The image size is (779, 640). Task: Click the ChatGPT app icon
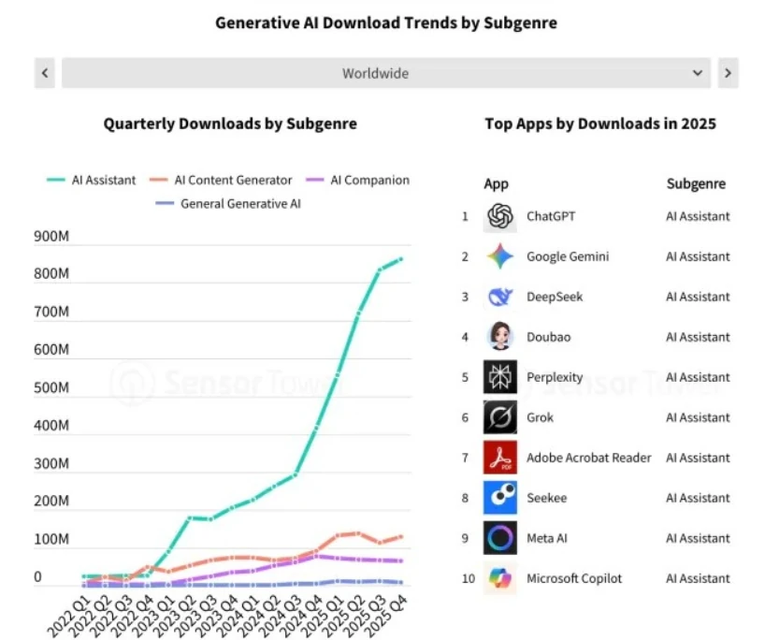pyautogui.click(x=500, y=217)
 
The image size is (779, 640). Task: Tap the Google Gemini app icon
pyautogui.click(x=500, y=257)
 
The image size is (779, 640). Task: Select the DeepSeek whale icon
pyautogui.click(x=500, y=298)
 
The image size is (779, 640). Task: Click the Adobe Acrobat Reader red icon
pyautogui.click(x=500, y=458)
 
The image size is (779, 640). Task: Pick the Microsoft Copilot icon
pyautogui.click(x=500, y=578)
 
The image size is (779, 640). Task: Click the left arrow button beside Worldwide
pyautogui.click(x=45, y=73)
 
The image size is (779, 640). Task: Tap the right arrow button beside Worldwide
pyautogui.click(x=728, y=73)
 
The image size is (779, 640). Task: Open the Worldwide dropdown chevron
pyautogui.click(x=698, y=73)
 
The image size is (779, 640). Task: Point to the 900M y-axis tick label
pyautogui.click(x=50, y=237)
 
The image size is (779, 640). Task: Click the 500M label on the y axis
pyautogui.click(x=50, y=388)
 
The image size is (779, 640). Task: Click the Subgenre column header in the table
pyautogui.click(x=696, y=184)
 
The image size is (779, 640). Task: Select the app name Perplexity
pyautogui.click(x=555, y=378)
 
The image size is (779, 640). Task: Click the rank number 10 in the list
pyautogui.click(x=469, y=578)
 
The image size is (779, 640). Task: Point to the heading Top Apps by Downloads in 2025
pyautogui.click(x=600, y=124)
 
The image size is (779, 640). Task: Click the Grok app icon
pyautogui.click(x=500, y=417)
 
